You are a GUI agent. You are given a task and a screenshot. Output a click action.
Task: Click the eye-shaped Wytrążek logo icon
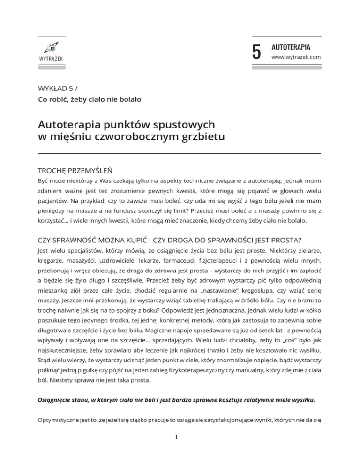pos(52,47)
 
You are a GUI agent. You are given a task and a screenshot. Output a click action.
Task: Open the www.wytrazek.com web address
pos(296,57)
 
